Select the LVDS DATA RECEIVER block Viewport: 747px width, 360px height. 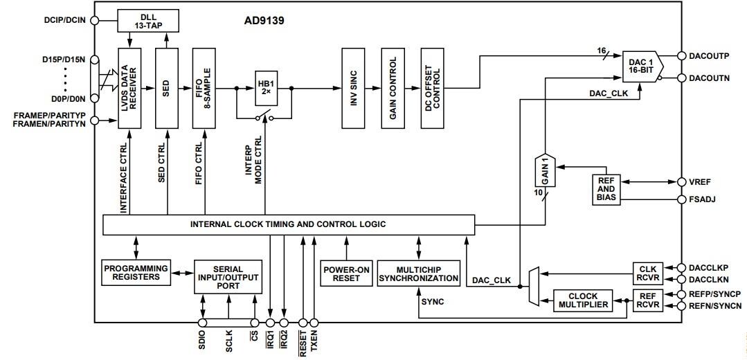click(x=130, y=88)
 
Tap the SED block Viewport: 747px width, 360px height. click(x=167, y=88)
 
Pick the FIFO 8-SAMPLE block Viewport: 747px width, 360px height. click(x=204, y=88)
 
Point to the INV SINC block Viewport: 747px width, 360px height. click(x=353, y=88)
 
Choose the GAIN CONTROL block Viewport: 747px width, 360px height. click(x=393, y=88)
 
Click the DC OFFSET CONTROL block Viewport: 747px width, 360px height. click(x=433, y=88)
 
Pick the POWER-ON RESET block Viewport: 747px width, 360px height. click(x=345, y=273)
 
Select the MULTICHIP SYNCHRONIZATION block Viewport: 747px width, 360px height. click(x=418, y=273)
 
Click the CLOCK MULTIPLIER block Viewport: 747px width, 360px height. click(x=584, y=300)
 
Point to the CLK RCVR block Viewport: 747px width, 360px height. click(x=648, y=273)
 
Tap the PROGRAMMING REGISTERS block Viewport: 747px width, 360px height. click(x=136, y=272)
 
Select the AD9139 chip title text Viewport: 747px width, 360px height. click(x=264, y=21)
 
